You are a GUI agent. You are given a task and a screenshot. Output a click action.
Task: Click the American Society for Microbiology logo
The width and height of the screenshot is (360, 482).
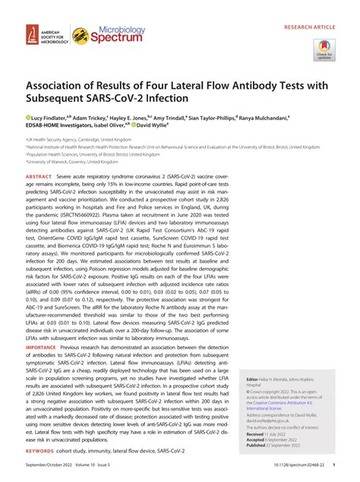(x=45, y=34)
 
